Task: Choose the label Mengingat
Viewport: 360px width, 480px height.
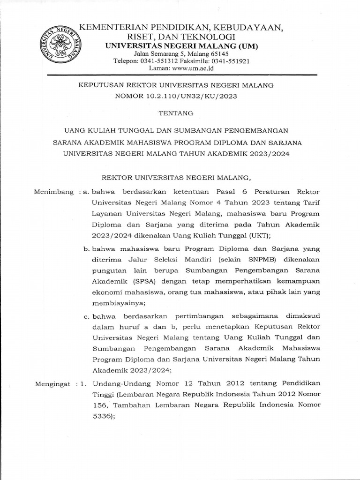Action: (x=53, y=384)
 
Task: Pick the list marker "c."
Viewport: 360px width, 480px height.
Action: (x=87, y=316)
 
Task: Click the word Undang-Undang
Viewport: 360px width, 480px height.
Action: (x=117, y=384)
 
